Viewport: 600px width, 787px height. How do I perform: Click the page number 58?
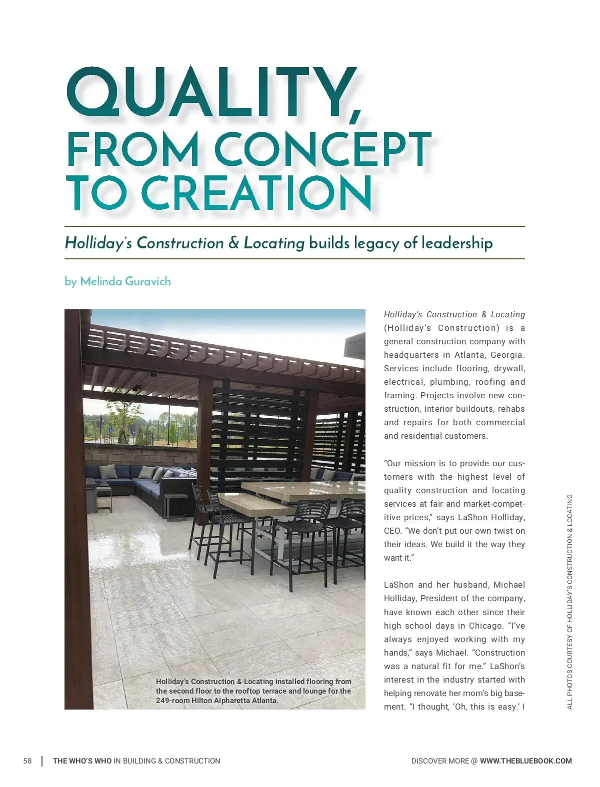[27, 761]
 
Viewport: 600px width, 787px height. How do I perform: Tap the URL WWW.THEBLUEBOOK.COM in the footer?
[525, 761]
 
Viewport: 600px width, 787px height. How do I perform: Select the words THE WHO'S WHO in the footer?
[82, 761]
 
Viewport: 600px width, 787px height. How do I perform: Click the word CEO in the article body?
[392, 531]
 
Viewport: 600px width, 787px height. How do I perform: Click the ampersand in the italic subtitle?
[233, 243]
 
